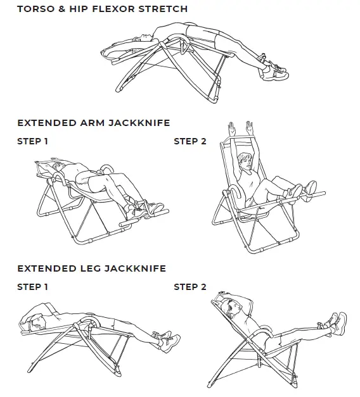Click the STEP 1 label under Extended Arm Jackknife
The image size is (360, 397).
(32, 141)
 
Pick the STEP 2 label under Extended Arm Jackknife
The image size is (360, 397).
(190, 141)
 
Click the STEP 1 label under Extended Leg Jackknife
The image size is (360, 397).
(32, 287)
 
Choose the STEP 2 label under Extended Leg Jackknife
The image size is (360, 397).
(190, 287)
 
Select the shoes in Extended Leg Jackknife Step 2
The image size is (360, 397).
(334, 322)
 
